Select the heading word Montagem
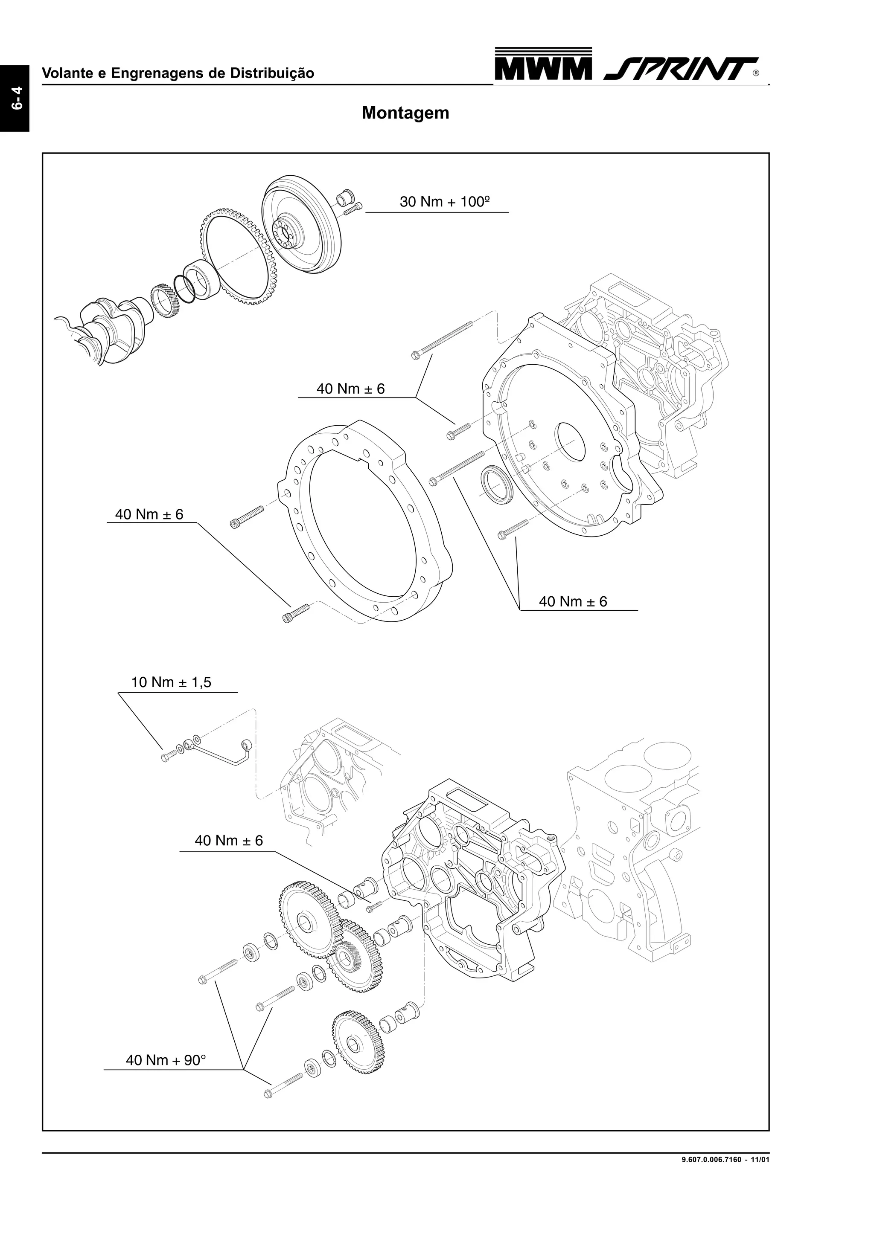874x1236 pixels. (x=405, y=113)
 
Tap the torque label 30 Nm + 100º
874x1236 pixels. (x=444, y=202)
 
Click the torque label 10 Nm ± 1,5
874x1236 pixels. (x=171, y=682)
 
